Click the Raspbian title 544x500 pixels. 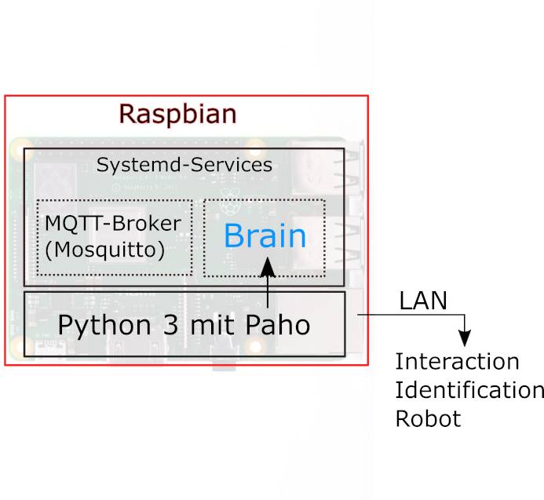coord(177,114)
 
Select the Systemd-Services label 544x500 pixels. coord(184,165)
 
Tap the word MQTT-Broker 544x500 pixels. coord(112,223)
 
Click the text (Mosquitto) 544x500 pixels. coord(104,250)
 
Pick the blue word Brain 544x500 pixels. coord(265,235)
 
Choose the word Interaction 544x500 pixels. coord(457,362)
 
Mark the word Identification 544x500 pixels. coord(469,390)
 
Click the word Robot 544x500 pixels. coord(428,418)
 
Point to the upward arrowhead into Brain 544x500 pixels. coord(268,266)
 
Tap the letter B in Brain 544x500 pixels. coord(234,235)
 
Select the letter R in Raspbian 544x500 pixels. coord(128,114)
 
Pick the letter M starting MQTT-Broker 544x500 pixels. coord(52,223)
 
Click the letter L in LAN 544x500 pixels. coord(404,301)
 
